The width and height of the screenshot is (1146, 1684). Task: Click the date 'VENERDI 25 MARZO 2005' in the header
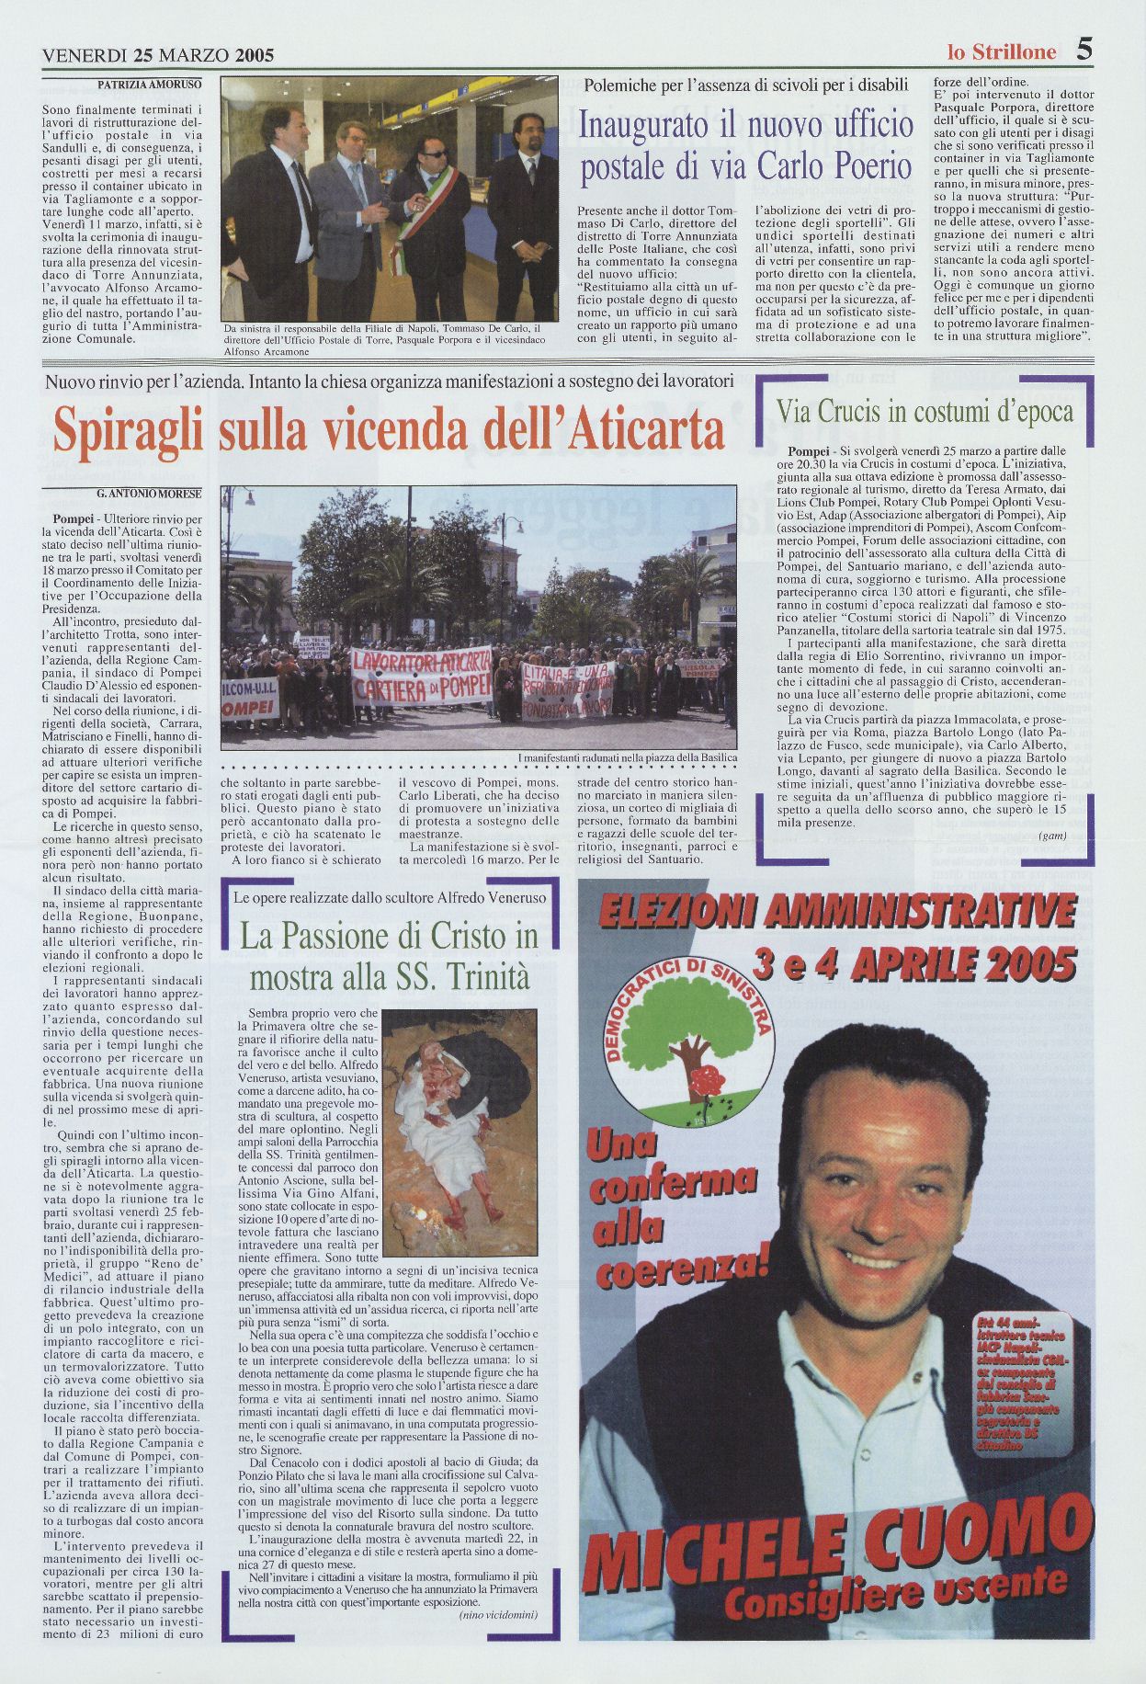[158, 55]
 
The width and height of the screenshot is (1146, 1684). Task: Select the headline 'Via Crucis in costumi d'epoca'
[925, 411]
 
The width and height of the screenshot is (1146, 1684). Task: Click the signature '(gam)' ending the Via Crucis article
[1051, 836]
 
